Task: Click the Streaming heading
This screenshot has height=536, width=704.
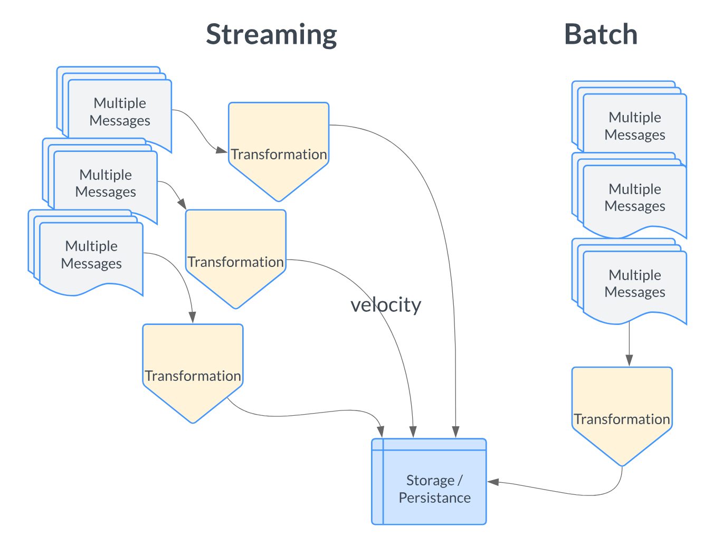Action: pyautogui.click(x=271, y=35)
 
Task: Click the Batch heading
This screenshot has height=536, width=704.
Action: pyautogui.click(x=601, y=35)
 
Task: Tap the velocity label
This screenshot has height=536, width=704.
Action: pyautogui.click(x=386, y=305)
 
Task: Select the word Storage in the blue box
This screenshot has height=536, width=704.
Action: pyautogui.click(x=430, y=481)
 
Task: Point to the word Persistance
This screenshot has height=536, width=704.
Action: pyautogui.click(x=434, y=498)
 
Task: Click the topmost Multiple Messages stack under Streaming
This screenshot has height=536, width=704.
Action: pyautogui.click(x=119, y=111)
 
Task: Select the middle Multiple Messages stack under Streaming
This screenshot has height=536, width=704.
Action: pyautogui.click(x=105, y=183)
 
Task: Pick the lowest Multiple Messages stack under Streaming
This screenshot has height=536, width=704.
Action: pyautogui.click(x=91, y=255)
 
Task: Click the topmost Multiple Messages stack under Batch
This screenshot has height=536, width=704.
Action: pyautogui.click(x=634, y=126)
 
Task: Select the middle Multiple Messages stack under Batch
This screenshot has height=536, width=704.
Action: pyautogui.click(x=634, y=197)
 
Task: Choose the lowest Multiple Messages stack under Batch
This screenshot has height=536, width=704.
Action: pyautogui.click(x=634, y=283)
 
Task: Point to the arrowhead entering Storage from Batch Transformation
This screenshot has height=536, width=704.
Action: pyautogui.click(x=493, y=482)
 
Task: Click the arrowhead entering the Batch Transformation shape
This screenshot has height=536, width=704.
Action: pyautogui.click(x=629, y=361)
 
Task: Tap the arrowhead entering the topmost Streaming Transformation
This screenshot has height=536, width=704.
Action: pyautogui.click(x=222, y=150)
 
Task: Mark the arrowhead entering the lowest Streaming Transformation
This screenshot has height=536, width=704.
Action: pyautogui.click(x=192, y=318)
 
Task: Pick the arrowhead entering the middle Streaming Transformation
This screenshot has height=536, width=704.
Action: pyautogui.click(x=182, y=204)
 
